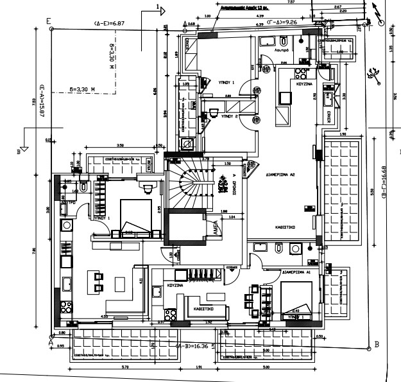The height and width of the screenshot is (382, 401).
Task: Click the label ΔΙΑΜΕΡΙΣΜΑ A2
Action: [279, 174]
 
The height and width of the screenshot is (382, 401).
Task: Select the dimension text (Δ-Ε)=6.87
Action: [108, 23]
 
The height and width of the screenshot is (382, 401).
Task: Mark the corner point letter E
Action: [49, 20]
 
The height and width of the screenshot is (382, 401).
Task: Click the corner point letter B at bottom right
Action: [377, 343]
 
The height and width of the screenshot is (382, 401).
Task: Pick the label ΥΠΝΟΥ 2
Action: [228, 117]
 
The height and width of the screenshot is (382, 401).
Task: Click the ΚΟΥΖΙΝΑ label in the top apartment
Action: [304, 83]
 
